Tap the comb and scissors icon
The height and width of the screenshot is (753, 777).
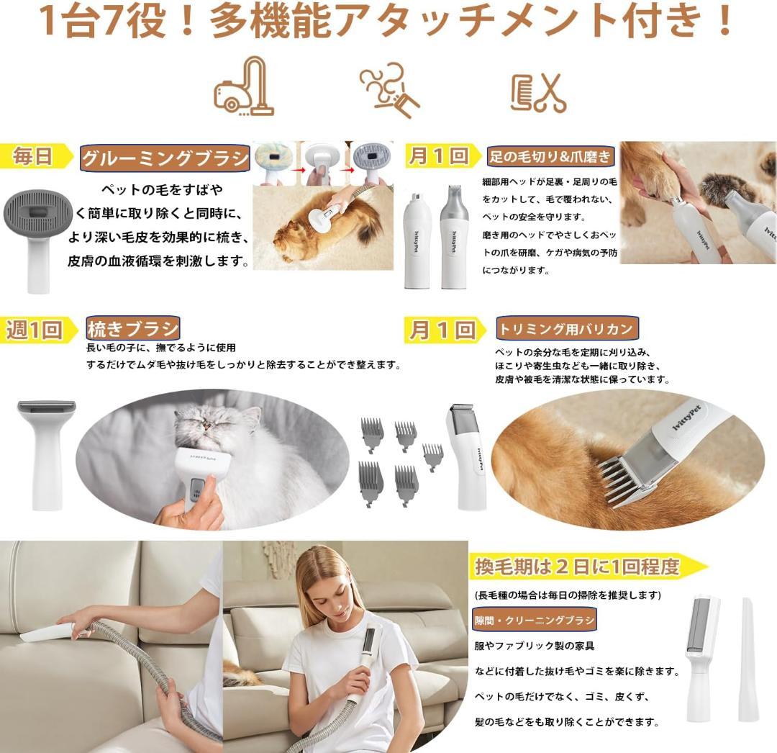[x=538, y=93]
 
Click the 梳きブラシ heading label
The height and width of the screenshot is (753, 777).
[x=132, y=329]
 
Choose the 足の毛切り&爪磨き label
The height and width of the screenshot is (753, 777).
[x=550, y=156]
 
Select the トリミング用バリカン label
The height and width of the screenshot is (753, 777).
[x=567, y=330]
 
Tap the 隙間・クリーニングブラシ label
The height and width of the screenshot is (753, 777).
[x=534, y=620]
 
